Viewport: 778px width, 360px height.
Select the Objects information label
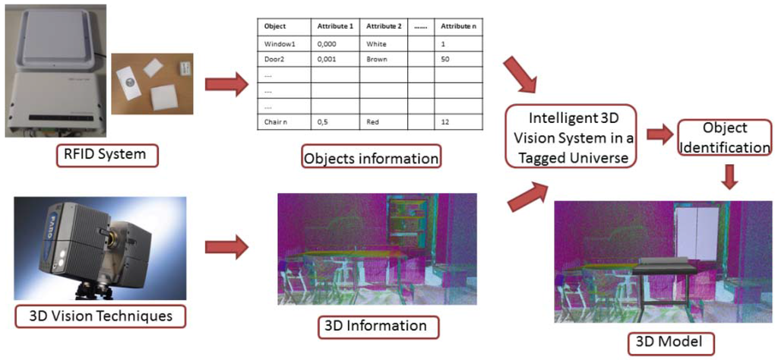click(x=371, y=159)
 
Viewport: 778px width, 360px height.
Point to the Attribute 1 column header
click(x=335, y=26)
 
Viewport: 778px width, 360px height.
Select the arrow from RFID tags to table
click(x=226, y=82)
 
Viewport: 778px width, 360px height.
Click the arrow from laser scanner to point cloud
click(x=226, y=246)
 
